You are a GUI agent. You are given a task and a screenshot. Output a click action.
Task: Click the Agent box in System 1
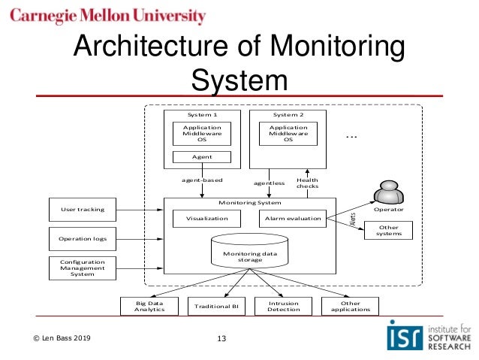(x=202, y=157)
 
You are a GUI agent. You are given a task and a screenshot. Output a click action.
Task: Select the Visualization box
(x=206, y=219)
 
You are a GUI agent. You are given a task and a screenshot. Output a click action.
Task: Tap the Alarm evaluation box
(x=292, y=219)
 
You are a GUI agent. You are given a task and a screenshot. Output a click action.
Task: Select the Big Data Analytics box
(x=149, y=307)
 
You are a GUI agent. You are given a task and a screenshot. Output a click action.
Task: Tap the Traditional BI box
(x=215, y=307)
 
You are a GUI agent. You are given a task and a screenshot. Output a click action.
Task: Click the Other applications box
(x=350, y=307)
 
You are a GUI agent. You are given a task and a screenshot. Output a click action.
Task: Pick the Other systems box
(x=389, y=230)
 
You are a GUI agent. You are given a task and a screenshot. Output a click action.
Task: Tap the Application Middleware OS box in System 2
(x=288, y=134)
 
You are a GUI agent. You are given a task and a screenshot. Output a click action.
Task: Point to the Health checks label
(x=307, y=183)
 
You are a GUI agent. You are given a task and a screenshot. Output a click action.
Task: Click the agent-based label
(x=203, y=180)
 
